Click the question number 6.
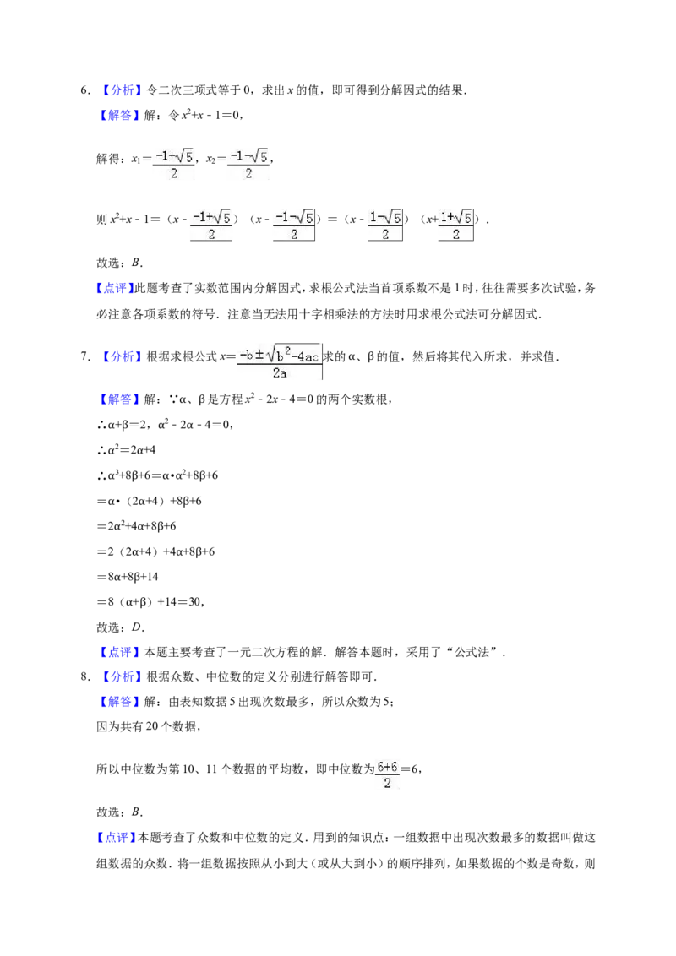pyautogui.click(x=84, y=90)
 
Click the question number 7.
pyautogui.click(x=84, y=356)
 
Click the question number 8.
pyautogui.click(x=84, y=676)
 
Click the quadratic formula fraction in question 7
pyautogui.click(x=279, y=361)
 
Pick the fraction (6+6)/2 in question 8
pyautogui.click(x=387, y=774)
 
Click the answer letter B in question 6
pyautogui.click(x=135, y=263)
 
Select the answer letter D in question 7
pyautogui.click(x=136, y=627)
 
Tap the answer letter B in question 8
pyautogui.click(x=135, y=812)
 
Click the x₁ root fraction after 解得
pyautogui.click(x=174, y=164)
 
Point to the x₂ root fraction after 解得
pyautogui.click(x=248, y=164)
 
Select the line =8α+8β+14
pyautogui.click(x=128, y=577)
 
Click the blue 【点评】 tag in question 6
pyautogui.click(x=114, y=288)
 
